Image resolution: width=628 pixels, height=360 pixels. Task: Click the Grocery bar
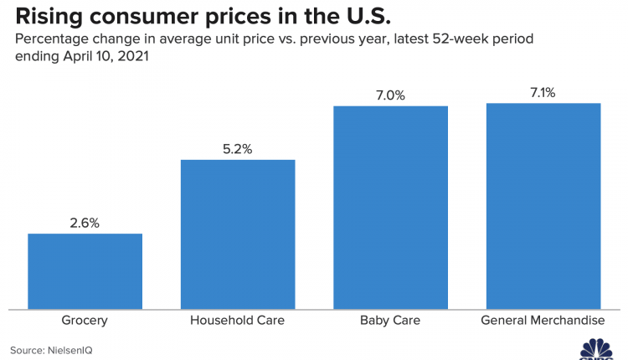[85, 271]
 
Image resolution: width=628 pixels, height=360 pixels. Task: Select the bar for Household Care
[238, 234]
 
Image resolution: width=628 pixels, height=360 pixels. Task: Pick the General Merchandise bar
[543, 206]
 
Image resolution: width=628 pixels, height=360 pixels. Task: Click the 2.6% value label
[85, 223]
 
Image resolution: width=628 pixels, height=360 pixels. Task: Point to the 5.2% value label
[238, 149]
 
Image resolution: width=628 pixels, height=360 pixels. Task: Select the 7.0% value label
[391, 95]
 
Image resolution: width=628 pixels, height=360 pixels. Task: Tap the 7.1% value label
[543, 93]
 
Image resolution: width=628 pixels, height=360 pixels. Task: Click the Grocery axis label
[85, 321]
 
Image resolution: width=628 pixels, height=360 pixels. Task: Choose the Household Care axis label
[238, 321]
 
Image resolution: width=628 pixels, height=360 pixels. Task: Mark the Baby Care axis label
[391, 321]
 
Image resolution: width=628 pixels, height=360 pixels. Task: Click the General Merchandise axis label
[543, 321]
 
